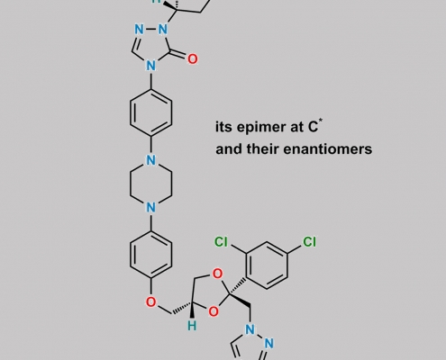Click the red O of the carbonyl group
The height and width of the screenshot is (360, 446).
(193, 59)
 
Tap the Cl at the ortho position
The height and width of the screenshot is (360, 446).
(221, 242)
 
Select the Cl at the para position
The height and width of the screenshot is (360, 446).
(309, 242)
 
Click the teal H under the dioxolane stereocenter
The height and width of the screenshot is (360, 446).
(192, 326)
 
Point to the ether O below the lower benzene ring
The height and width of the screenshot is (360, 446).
(151, 302)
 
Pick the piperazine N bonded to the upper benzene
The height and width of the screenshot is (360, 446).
(151, 160)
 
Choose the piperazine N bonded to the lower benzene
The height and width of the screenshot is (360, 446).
(151, 207)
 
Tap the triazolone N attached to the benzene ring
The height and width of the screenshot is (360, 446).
(151, 66)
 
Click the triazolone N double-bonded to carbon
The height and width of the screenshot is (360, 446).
(139, 30)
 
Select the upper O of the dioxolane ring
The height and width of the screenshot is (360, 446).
(217, 274)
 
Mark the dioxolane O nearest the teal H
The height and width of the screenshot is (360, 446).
(214, 311)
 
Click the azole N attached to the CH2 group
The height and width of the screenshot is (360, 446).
(250, 329)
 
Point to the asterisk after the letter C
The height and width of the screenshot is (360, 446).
(321, 121)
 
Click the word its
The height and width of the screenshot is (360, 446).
(223, 127)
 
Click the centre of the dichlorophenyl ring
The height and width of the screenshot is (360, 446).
(267, 265)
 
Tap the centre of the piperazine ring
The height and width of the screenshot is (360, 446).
(151, 184)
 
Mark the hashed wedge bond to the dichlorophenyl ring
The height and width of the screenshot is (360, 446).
(238, 286)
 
